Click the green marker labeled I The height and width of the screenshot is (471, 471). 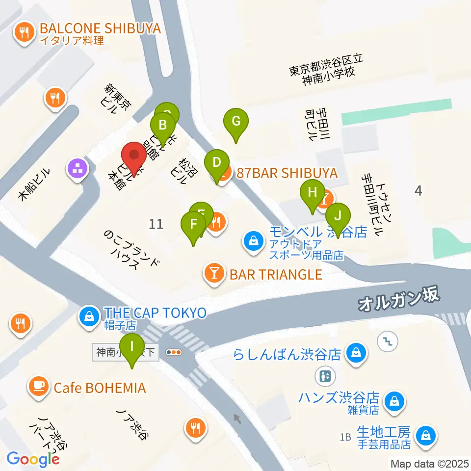[132, 347]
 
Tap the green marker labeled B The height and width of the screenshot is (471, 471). [162, 125]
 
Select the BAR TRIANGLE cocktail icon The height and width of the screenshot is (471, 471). [214, 273]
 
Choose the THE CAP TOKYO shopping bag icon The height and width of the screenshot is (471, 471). [90, 316]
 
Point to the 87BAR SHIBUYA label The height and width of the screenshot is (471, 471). [287, 173]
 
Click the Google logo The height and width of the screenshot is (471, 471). [33, 459]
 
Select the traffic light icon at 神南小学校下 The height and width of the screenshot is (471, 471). [174, 352]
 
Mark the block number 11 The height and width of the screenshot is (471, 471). [156, 224]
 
